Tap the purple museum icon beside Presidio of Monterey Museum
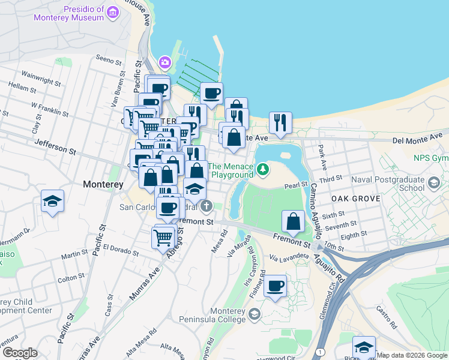click(112, 13)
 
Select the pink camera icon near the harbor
click(164, 62)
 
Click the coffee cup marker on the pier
click(211, 94)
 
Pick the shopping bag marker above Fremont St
click(293, 221)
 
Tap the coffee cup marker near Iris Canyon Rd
click(276, 287)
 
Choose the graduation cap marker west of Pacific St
click(53, 202)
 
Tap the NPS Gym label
click(431, 158)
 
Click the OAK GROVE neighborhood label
click(355, 198)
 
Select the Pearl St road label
click(295, 185)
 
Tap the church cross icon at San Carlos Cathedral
click(206, 208)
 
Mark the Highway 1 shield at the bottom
click(322, 351)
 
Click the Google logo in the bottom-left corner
click(19, 353)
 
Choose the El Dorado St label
click(120, 247)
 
